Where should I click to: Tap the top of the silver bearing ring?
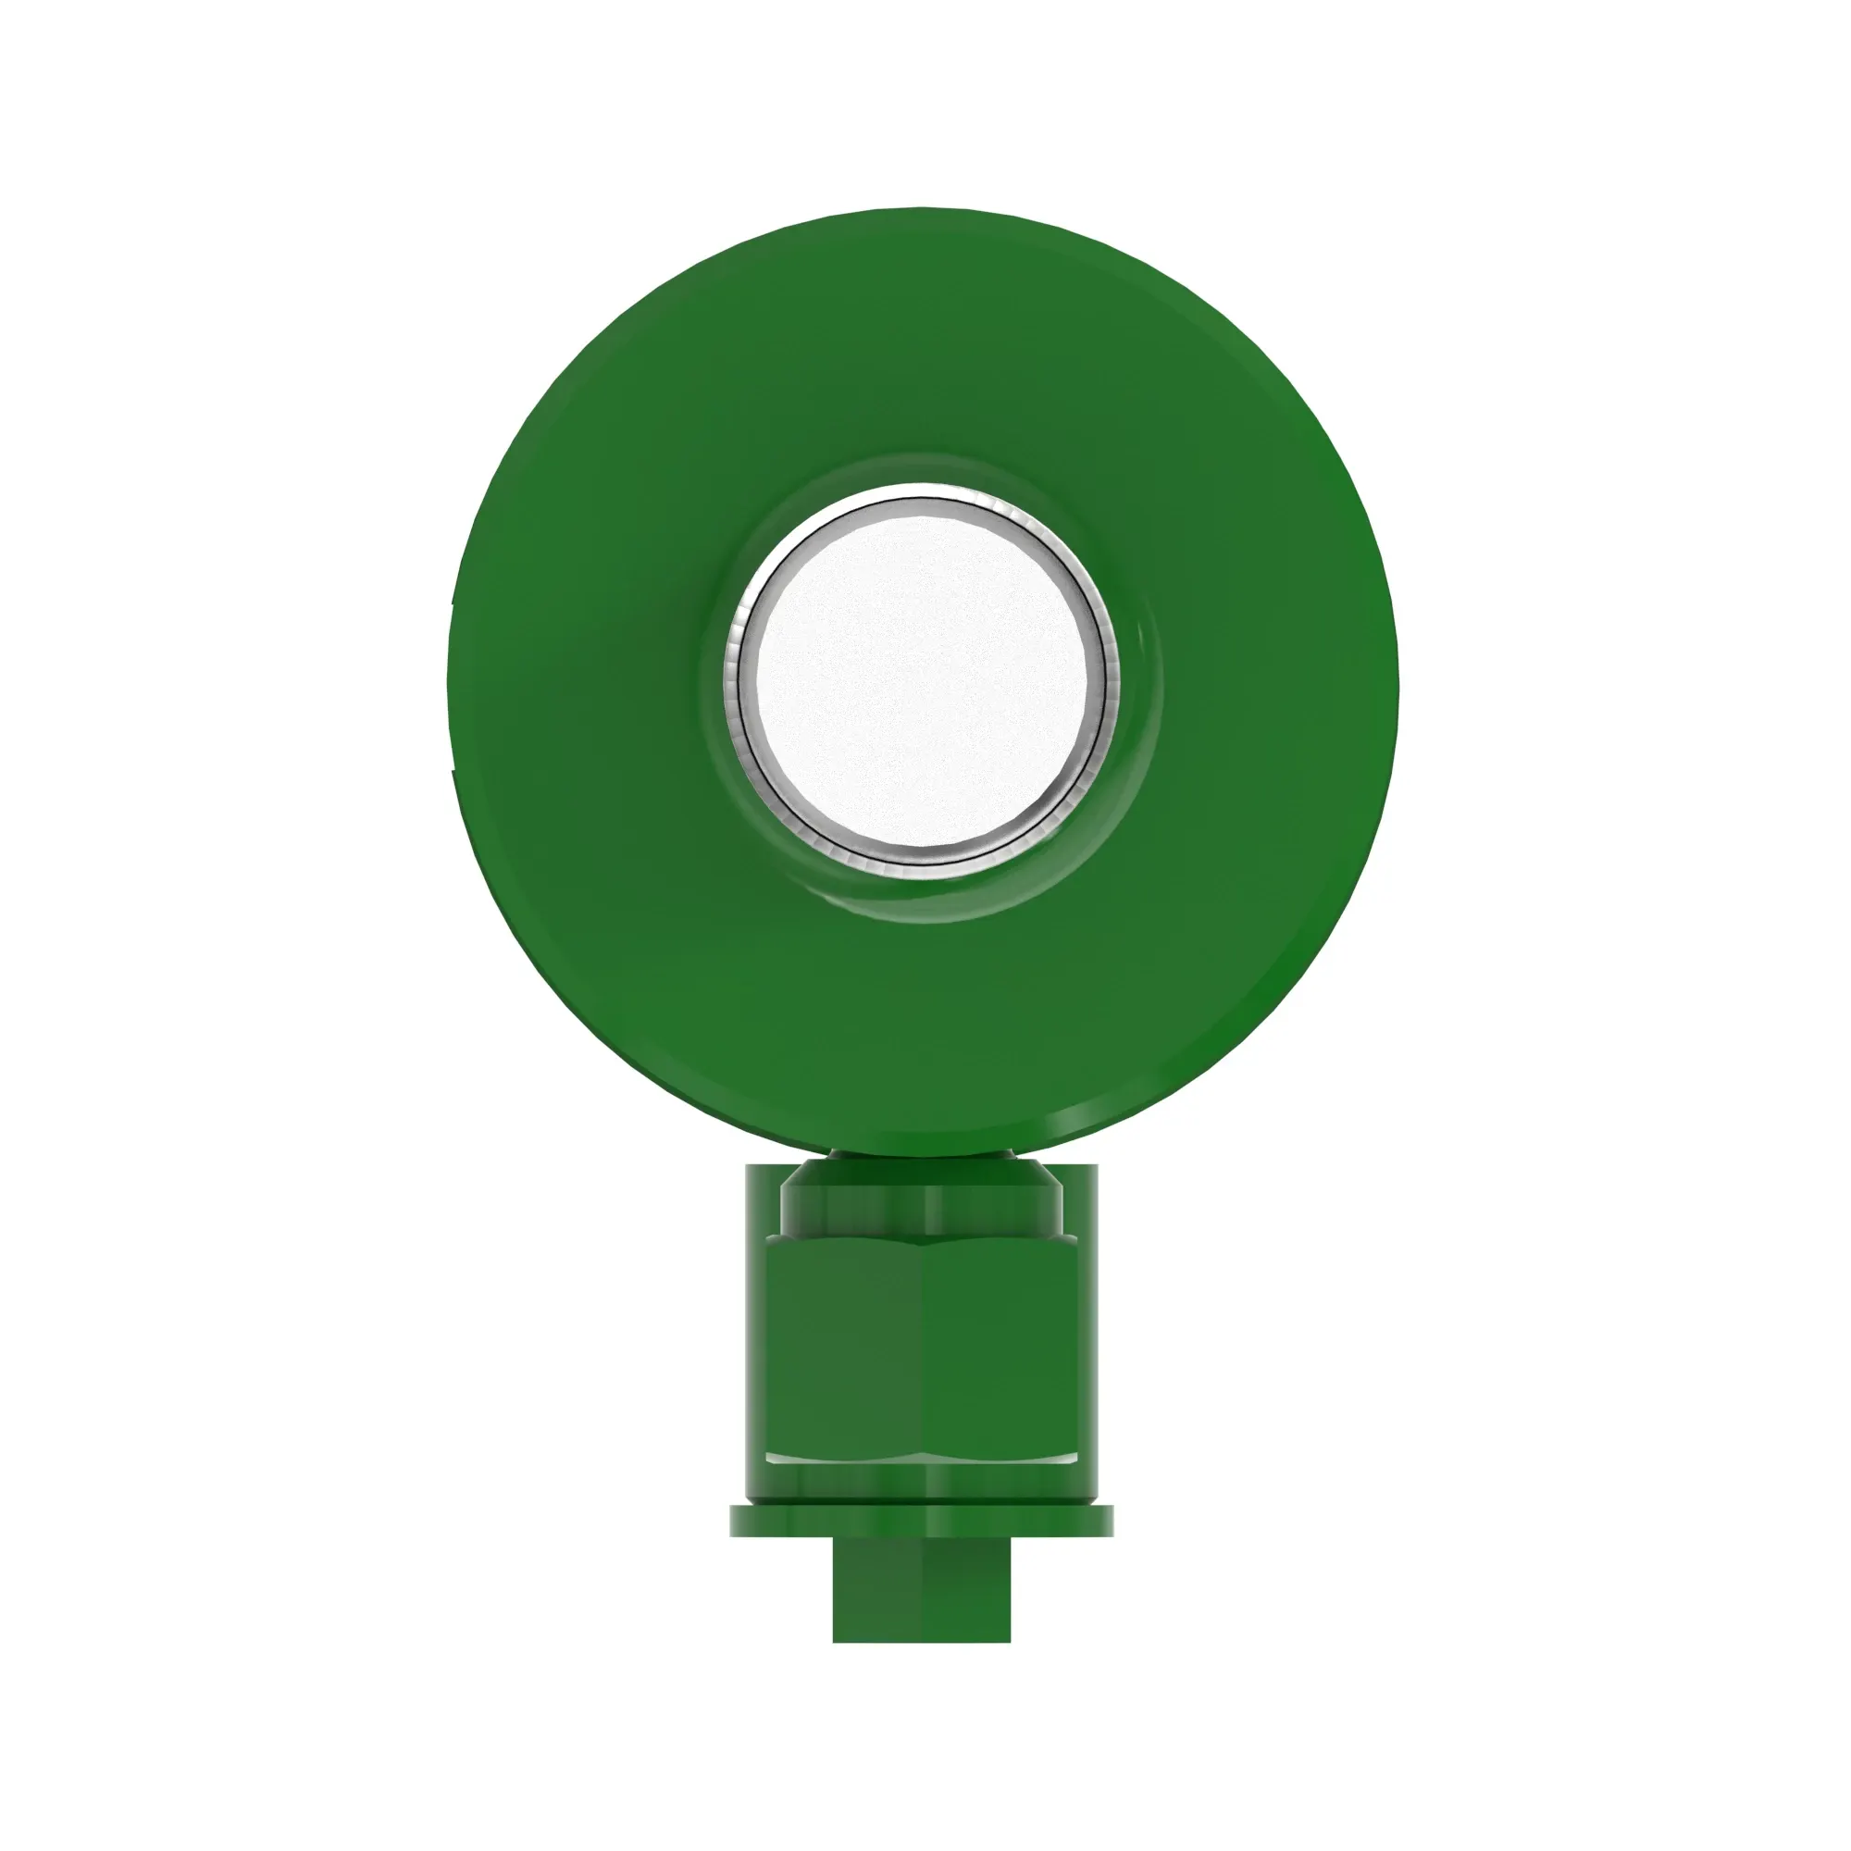[x=921, y=504]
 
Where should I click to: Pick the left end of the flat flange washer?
[x=738, y=1521]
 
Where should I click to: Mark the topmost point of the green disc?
[x=921, y=208]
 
